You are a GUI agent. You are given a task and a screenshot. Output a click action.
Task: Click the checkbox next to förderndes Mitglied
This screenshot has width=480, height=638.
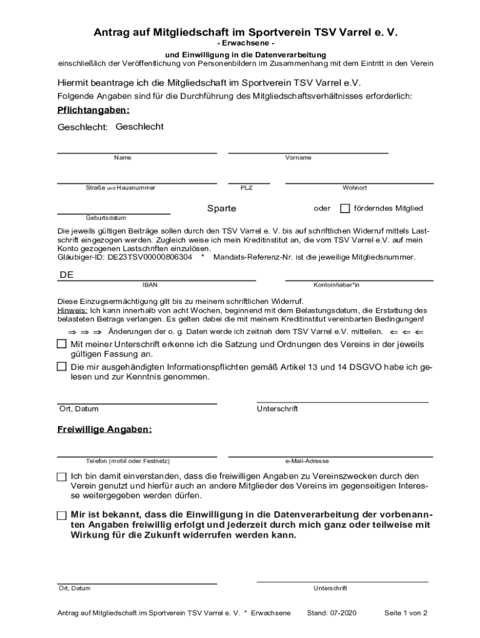click(345, 208)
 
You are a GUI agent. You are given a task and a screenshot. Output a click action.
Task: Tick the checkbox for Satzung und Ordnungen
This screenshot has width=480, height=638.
click(61, 344)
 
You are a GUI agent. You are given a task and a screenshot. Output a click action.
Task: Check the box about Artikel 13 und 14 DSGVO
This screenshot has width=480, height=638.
click(61, 366)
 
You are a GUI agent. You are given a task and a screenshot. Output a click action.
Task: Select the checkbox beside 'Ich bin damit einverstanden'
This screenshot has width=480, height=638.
click(61, 477)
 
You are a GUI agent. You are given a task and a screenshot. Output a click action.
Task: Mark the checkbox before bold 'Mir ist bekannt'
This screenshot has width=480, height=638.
click(61, 515)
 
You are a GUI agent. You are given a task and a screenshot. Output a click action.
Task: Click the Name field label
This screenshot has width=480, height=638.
click(122, 158)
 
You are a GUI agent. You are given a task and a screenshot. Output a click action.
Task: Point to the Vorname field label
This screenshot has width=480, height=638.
click(298, 158)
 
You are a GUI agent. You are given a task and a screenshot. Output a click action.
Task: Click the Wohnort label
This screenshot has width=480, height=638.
click(354, 188)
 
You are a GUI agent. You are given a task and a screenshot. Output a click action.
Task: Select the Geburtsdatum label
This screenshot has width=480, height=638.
click(106, 218)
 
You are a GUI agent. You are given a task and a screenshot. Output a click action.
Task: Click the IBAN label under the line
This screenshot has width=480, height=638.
click(150, 285)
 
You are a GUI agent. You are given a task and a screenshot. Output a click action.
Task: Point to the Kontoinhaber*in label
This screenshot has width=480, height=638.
click(336, 285)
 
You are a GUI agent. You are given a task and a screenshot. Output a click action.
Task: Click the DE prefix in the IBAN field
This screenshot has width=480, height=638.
click(67, 275)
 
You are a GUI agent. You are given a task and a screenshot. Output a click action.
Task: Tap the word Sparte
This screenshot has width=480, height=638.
click(221, 208)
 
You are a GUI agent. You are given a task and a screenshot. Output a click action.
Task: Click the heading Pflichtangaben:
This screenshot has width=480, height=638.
click(94, 110)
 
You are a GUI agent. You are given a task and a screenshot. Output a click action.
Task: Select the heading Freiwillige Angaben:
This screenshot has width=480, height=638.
click(104, 430)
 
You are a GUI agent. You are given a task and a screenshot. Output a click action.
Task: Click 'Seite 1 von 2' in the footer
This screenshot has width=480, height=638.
click(405, 612)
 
